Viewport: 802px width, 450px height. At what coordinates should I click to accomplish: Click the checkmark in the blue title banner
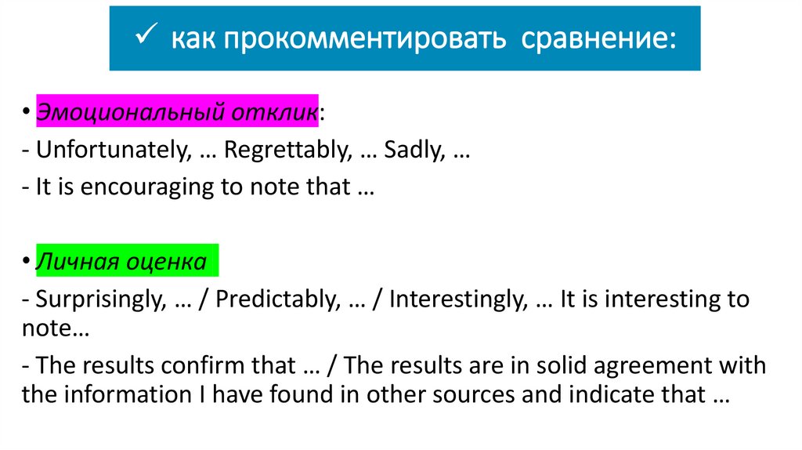(x=146, y=36)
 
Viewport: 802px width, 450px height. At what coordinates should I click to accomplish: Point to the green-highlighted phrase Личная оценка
(x=121, y=261)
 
